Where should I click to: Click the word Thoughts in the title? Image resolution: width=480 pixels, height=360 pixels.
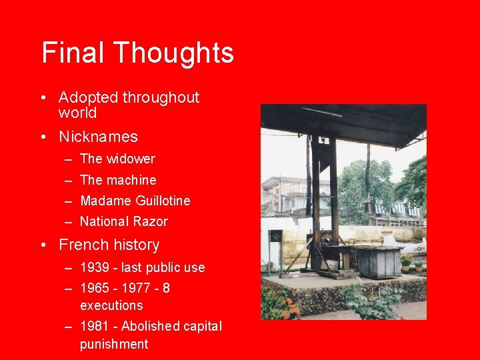click(173, 53)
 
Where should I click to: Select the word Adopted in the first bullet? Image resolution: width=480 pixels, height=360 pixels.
click(88, 97)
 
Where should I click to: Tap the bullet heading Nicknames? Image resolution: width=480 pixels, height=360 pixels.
click(98, 137)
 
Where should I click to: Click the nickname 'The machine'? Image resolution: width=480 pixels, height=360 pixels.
click(118, 180)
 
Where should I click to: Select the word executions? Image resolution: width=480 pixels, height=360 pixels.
click(111, 305)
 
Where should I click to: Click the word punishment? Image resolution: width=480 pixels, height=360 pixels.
click(114, 344)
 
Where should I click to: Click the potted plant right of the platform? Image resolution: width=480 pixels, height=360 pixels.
click(406, 261)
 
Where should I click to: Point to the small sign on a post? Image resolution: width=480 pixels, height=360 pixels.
click(275, 236)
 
